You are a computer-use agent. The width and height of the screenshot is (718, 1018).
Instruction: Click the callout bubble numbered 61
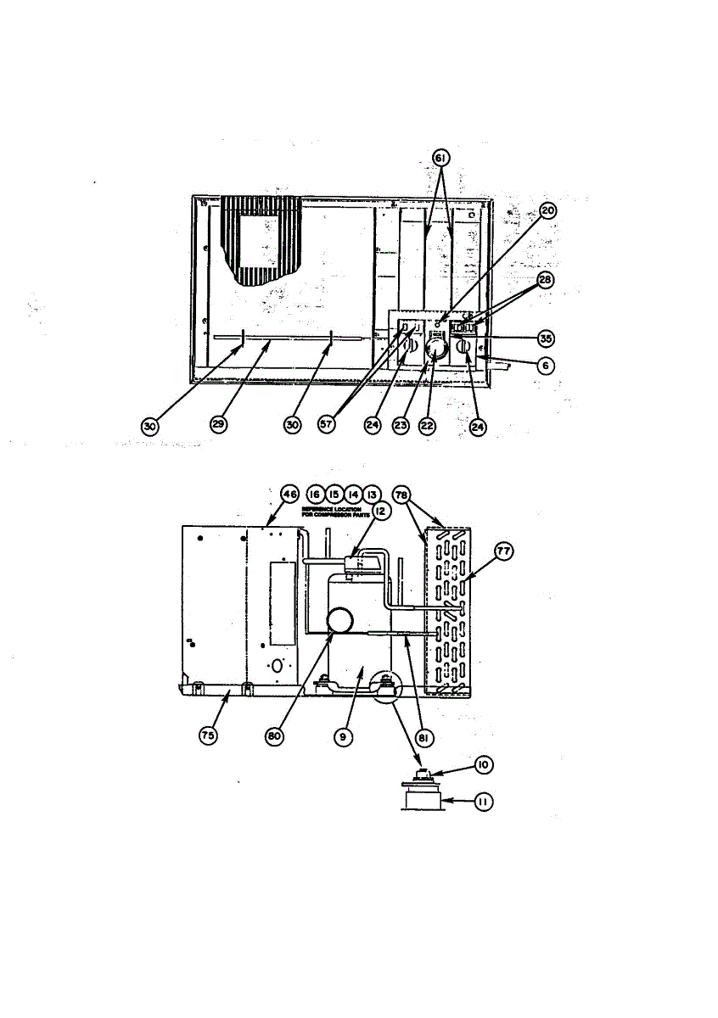pyautogui.click(x=440, y=159)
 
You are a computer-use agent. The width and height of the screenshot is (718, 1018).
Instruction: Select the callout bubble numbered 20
pyautogui.click(x=548, y=211)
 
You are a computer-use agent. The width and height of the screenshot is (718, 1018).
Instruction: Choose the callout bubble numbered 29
pyautogui.click(x=218, y=426)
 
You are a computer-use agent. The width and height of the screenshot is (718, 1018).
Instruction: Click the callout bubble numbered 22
pyautogui.click(x=427, y=426)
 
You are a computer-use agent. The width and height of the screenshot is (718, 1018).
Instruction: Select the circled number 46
pyautogui.click(x=290, y=494)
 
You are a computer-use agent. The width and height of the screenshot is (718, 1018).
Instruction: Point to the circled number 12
pyautogui.click(x=378, y=512)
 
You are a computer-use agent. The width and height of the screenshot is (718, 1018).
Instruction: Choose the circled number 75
pyautogui.click(x=207, y=736)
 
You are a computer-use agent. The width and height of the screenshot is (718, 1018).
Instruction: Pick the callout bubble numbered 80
pyautogui.click(x=273, y=736)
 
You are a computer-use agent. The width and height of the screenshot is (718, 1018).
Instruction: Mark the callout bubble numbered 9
pyautogui.click(x=342, y=736)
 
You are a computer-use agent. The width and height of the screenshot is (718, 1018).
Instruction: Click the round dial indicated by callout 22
pyautogui.click(x=436, y=349)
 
